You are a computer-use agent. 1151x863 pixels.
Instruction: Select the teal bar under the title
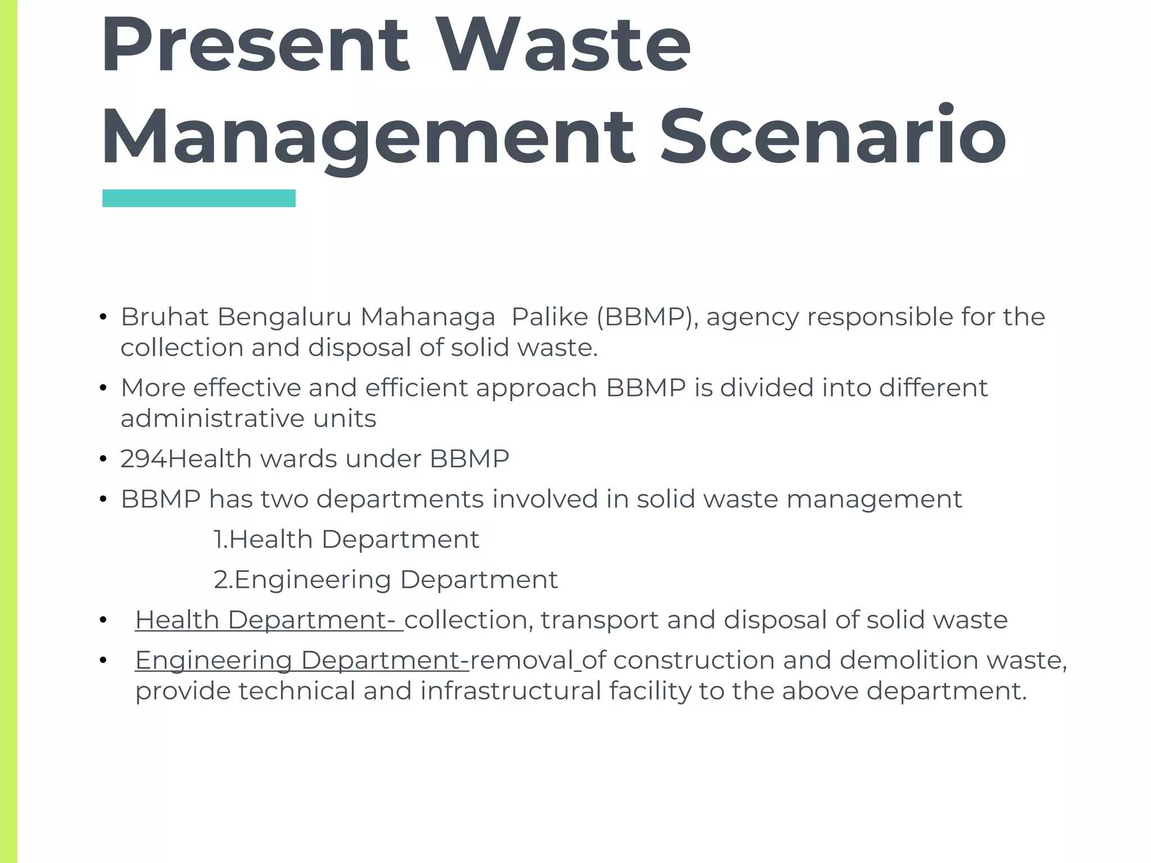pos(199,198)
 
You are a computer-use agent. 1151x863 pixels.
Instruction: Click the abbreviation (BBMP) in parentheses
pos(647,317)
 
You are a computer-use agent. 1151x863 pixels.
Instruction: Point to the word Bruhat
pos(165,317)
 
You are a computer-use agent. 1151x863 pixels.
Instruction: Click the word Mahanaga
pos(427,317)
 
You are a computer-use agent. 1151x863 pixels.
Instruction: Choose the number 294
pos(143,459)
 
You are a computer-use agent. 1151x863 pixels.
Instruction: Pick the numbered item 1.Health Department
pos(346,539)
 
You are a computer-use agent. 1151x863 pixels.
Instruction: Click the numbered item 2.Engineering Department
pos(386,580)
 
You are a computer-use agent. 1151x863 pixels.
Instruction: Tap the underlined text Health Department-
pos(269,620)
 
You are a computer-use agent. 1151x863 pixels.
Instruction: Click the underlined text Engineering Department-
pos(302,661)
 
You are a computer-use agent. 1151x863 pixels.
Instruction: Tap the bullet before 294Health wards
pos(103,460)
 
